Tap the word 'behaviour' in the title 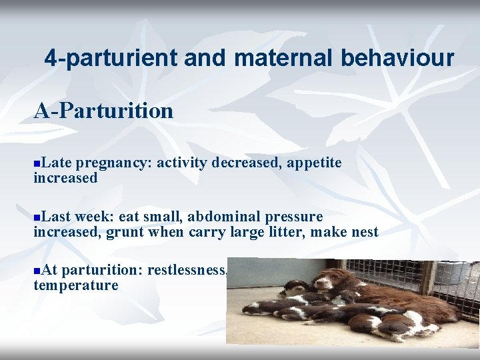pyautogui.click(x=397, y=58)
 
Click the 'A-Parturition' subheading pyautogui.click(x=103, y=110)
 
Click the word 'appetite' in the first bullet pyautogui.click(x=314, y=163)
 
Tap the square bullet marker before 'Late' pyautogui.click(x=37, y=163)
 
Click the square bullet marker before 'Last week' pyautogui.click(x=37, y=217)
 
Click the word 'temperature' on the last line pyautogui.click(x=76, y=285)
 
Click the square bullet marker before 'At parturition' pyautogui.click(x=37, y=271)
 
